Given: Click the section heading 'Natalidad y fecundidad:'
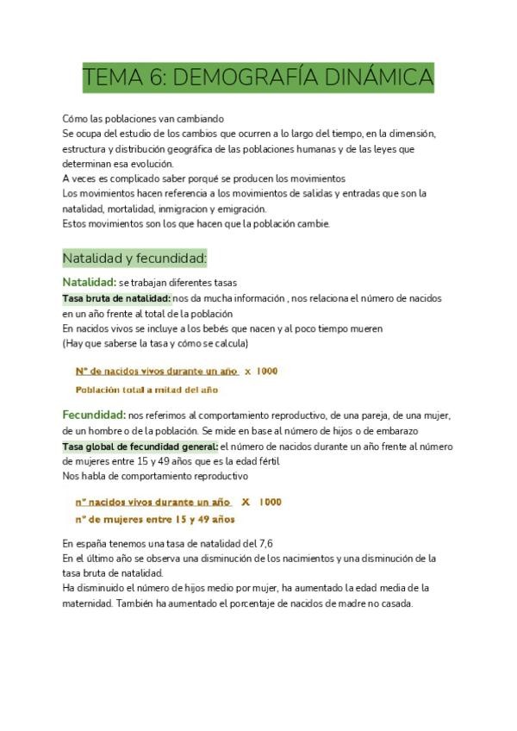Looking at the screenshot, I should click(x=134, y=258).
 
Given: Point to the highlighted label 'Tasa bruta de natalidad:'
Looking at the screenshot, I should click(x=116, y=298).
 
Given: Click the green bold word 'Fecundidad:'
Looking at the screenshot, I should click(x=94, y=415).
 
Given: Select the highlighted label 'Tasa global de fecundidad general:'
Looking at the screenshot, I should click(x=140, y=447).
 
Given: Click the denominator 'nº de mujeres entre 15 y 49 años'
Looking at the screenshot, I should click(x=155, y=520).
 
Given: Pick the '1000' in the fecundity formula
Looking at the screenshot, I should click(x=270, y=502).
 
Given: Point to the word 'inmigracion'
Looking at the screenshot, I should click(x=219, y=209).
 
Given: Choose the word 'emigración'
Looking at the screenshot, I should click(x=290, y=209).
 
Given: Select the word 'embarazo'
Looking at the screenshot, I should click(x=395, y=430).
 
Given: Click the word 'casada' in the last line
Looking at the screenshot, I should click(x=396, y=603).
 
